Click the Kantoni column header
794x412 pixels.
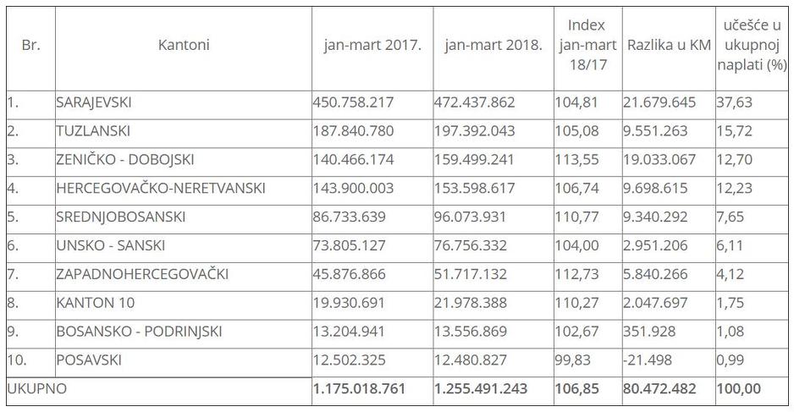[183, 45]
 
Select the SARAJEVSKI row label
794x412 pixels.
[94, 102]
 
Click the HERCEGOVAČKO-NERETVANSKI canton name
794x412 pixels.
[161, 188]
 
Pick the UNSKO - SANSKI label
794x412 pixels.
[110, 245]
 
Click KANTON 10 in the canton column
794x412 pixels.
[95, 303]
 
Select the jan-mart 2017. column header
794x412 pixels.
[372, 45]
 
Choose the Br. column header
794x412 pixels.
[30, 45]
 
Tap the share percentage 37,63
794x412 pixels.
[734, 102]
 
